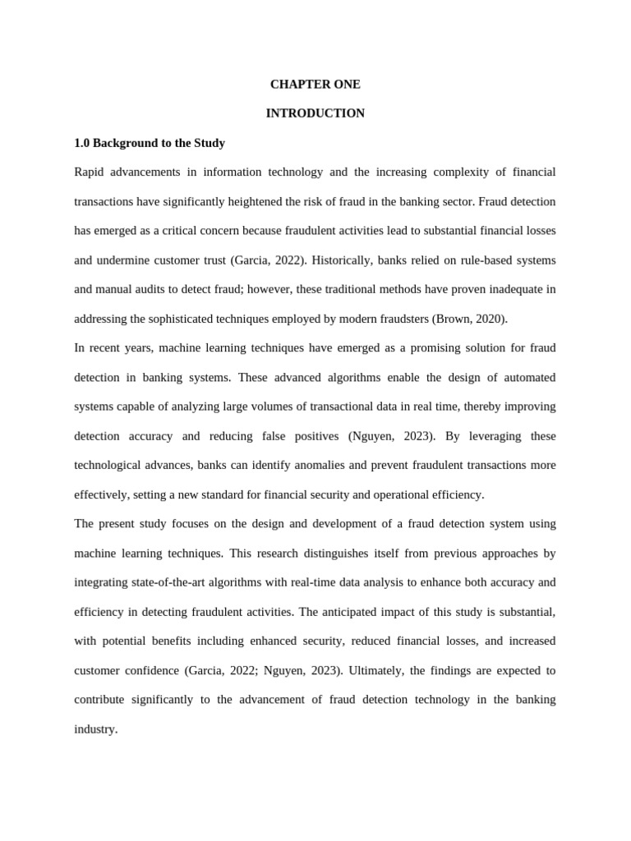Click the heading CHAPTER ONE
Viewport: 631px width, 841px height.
pos(315,85)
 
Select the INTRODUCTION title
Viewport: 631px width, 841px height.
pos(315,113)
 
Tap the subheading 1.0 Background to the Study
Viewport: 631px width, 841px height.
pos(150,143)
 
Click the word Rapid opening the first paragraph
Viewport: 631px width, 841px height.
pos(90,172)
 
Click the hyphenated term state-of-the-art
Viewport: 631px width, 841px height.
pos(168,582)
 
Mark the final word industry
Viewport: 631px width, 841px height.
pos(95,728)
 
